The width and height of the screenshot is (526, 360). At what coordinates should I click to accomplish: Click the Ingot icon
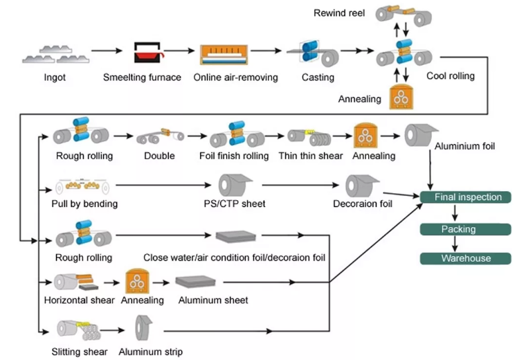[x=53, y=54]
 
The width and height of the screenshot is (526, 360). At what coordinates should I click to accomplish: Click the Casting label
[x=318, y=78]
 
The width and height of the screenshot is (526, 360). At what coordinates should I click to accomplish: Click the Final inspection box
[x=466, y=197]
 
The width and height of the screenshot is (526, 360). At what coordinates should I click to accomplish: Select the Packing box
[x=466, y=228]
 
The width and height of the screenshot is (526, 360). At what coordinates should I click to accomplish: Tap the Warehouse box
[x=466, y=258]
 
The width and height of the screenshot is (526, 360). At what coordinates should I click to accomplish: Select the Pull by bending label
[x=84, y=204]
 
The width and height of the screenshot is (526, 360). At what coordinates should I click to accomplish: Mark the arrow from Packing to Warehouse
[x=455, y=243]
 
